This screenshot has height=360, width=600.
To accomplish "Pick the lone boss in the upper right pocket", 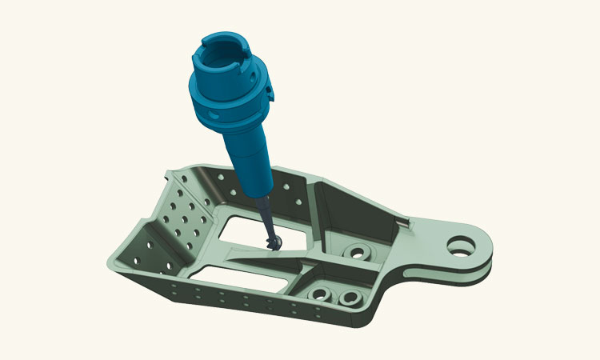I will pyautogui.click(x=354, y=253).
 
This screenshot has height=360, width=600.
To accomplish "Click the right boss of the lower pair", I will pyautogui.click(x=349, y=300).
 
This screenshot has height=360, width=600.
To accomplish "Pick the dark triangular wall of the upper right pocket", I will pyautogui.click(x=352, y=204).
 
